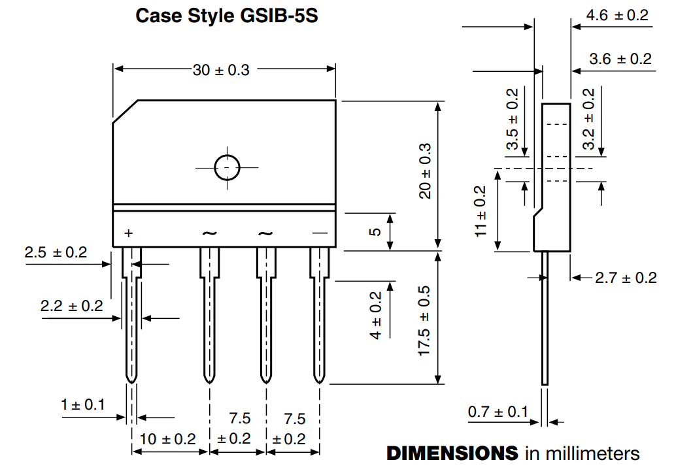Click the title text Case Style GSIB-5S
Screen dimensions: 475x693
[226, 16]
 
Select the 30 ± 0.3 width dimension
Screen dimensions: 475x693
[221, 70]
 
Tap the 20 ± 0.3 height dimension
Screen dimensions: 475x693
[426, 171]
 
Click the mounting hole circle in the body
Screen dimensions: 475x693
[227, 167]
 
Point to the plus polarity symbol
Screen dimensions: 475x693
[128, 233]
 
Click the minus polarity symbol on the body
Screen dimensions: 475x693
[319, 233]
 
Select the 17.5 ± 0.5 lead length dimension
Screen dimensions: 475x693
[425, 320]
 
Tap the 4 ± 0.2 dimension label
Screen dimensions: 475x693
[375, 315]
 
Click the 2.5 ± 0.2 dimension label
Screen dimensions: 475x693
[56, 253]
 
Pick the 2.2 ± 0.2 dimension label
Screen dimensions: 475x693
[71, 306]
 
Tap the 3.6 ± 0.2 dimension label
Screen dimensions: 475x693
[620, 59]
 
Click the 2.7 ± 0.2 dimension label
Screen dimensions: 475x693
[626, 278]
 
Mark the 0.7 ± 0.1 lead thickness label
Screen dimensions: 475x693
[498, 412]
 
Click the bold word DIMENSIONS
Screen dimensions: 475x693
[453, 453]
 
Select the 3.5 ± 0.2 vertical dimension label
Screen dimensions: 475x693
[513, 120]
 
